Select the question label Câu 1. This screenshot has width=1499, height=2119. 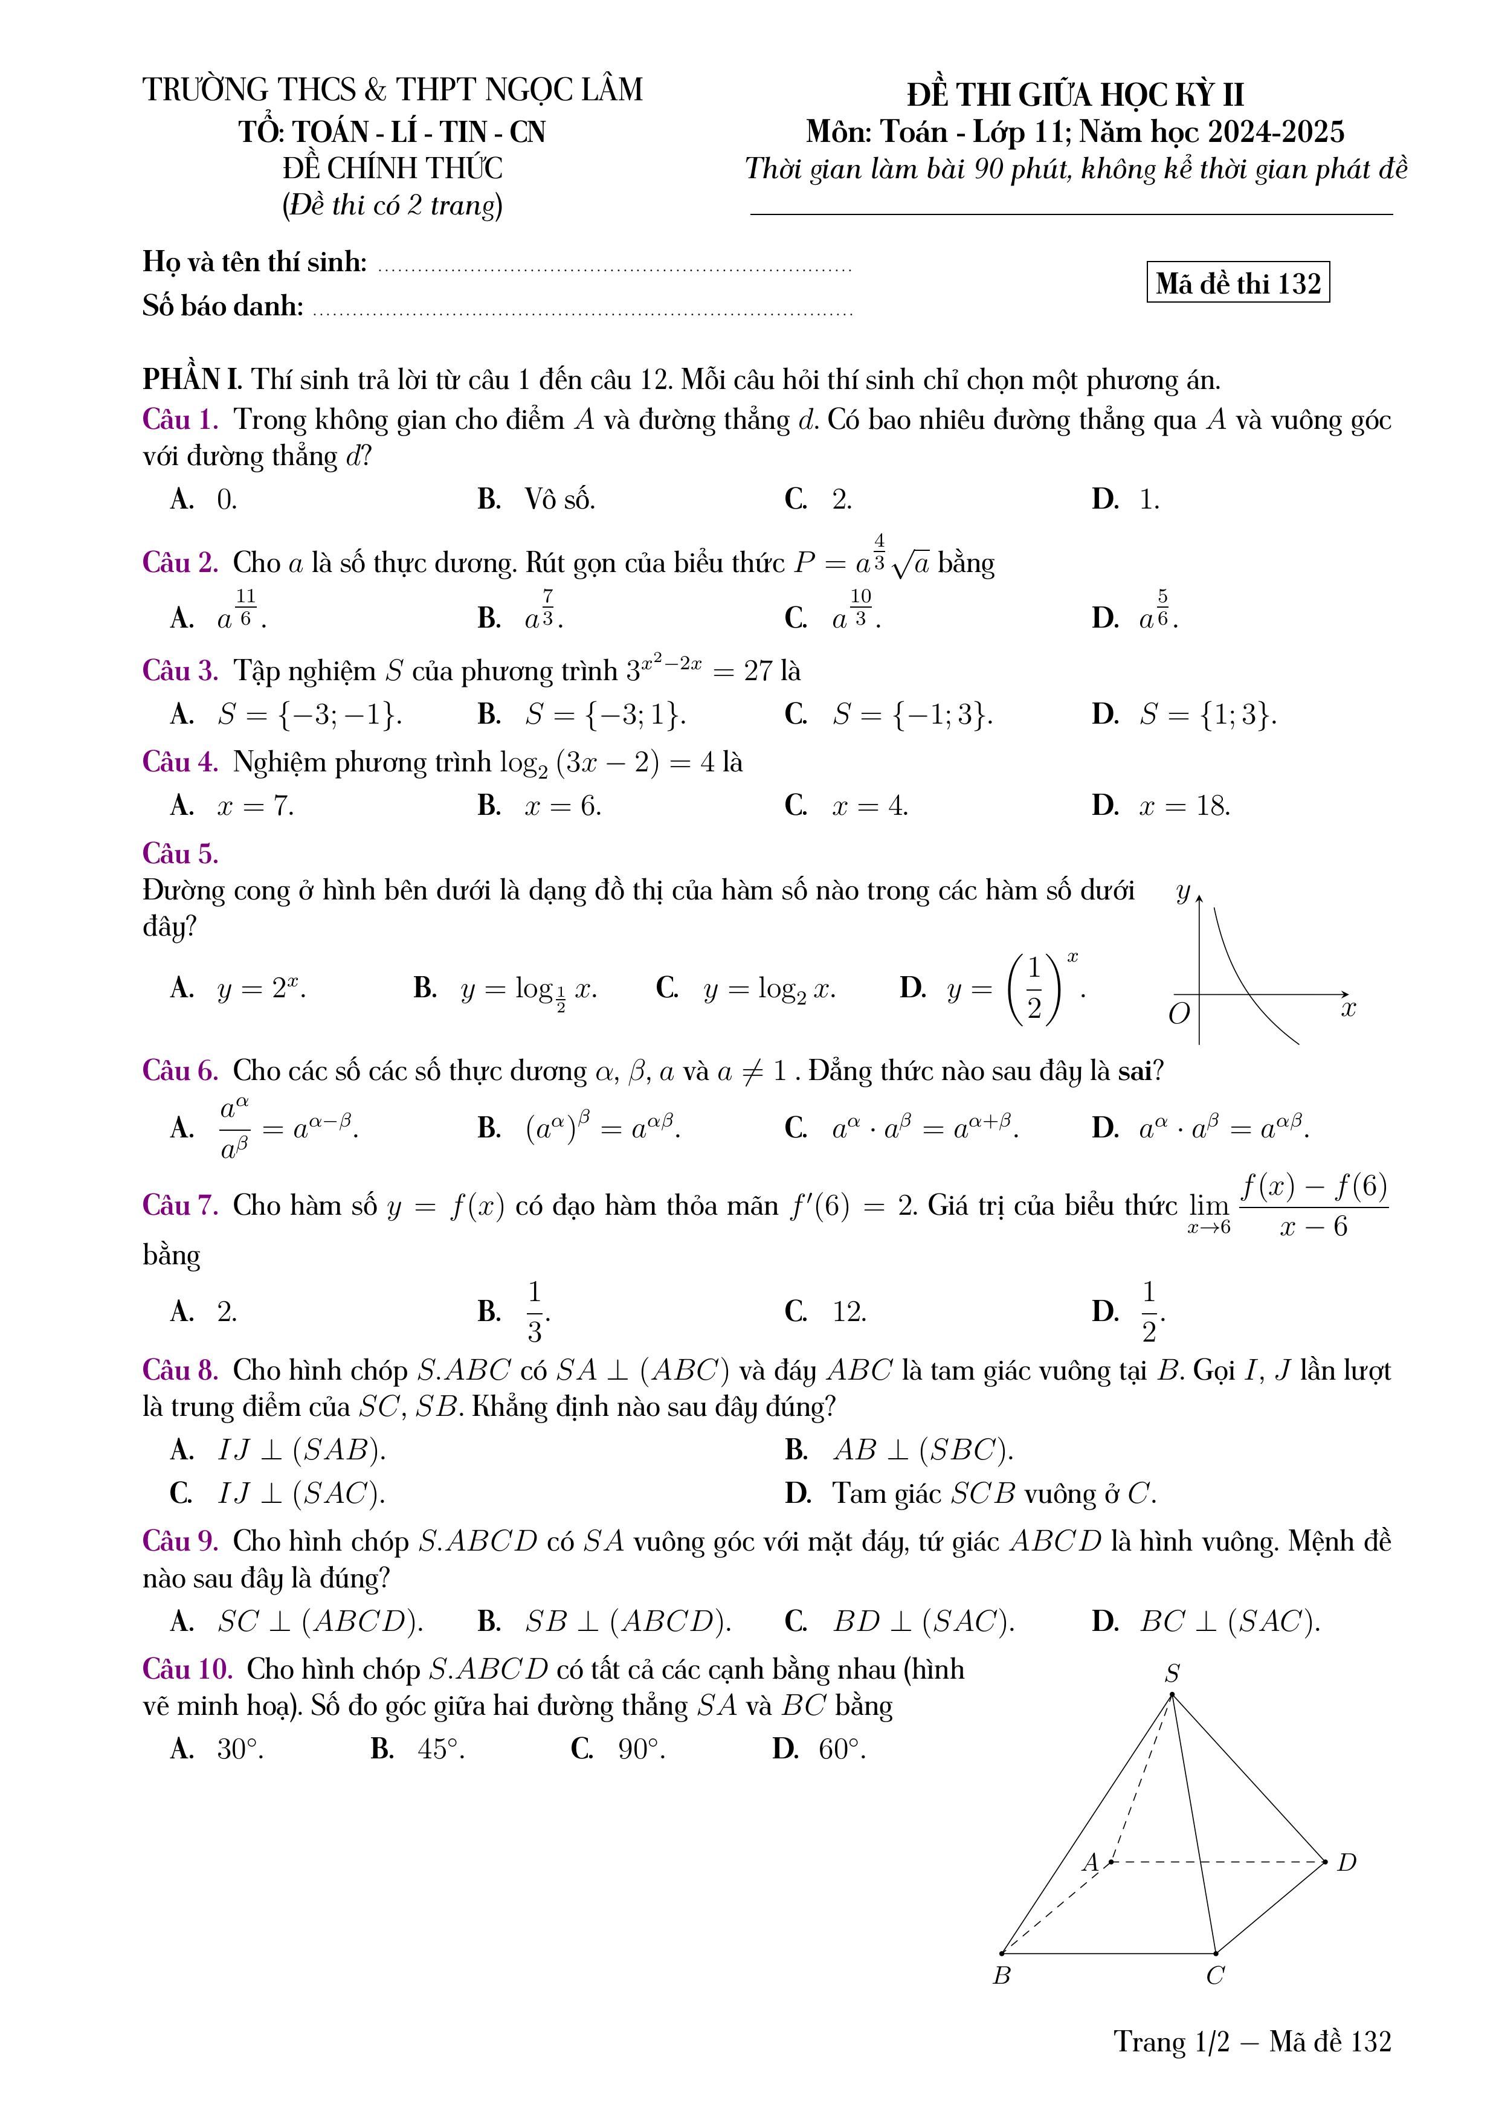coord(180,420)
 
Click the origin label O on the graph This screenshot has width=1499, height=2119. coord(1179,1014)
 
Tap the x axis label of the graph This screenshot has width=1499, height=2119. coord(1349,1009)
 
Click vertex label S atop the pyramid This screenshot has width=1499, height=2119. coord(1172,1673)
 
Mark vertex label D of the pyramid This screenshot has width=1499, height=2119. coord(1347,1862)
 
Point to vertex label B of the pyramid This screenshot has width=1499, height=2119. coord(1002,1976)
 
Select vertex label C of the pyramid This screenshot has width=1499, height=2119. coord(1216,1976)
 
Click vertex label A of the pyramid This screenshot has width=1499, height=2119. coord(1091,1862)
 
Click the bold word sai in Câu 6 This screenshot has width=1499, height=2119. coord(1135,1072)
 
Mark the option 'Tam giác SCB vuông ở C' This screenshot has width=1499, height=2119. coord(993,1493)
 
